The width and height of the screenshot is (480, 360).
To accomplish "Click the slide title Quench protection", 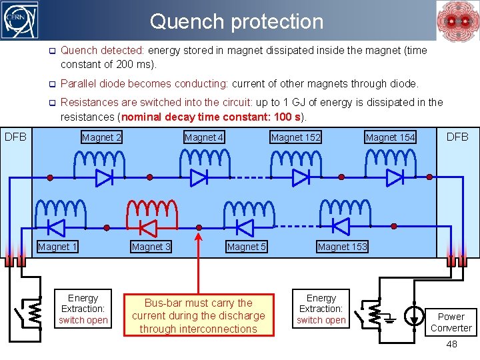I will tap(237, 21).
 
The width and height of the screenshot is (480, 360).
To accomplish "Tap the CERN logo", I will tap(21, 21).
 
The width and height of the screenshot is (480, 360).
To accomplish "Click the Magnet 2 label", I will tap(101, 137).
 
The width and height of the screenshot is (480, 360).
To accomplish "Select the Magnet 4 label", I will tap(204, 137).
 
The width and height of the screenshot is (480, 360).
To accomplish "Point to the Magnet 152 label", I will tap(295, 137).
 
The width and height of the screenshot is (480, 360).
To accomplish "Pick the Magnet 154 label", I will tap(390, 137).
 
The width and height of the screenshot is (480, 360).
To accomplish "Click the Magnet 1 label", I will tap(57, 247).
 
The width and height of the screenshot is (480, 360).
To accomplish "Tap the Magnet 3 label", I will tap(151, 247).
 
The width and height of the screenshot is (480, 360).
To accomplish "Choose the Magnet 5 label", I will tap(247, 247).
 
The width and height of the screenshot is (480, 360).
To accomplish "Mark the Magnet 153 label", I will tap(342, 247).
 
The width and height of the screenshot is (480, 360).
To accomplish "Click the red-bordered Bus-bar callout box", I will tap(198, 316).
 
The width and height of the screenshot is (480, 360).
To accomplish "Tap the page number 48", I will tap(451, 344).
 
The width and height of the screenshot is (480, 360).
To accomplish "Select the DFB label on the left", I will tap(15, 137).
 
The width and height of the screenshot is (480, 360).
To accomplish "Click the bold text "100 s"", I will tap(285, 117).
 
